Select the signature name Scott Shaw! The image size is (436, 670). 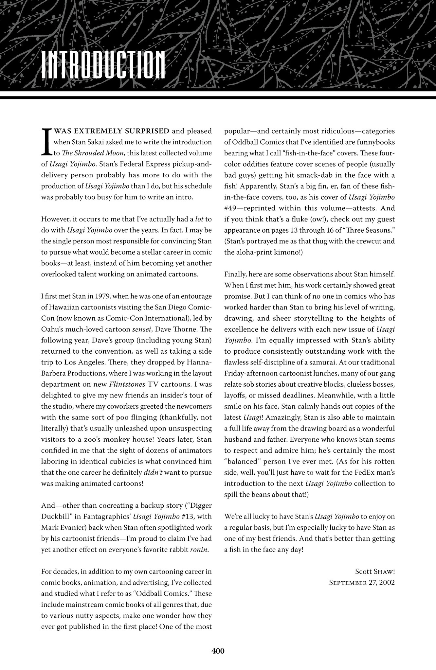tap(375, 572)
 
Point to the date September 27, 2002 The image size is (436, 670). tap(362, 582)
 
